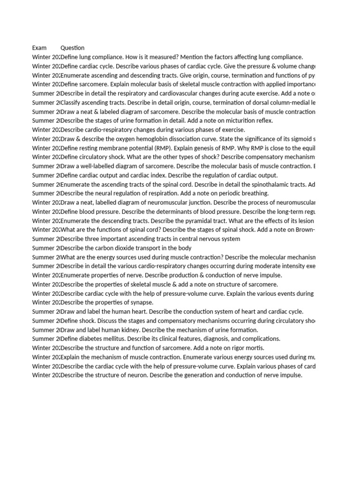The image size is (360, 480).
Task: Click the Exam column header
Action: pyautogui.click(x=39, y=47)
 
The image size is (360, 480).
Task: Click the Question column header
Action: pyautogui.click(x=73, y=47)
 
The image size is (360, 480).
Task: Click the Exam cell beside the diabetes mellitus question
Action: pyautogui.click(x=46, y=338)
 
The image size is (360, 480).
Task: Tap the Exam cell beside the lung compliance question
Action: pyautogui.click(x=46, y=57)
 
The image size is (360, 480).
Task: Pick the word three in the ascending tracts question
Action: pyautogui.click(x=92, y=239)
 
